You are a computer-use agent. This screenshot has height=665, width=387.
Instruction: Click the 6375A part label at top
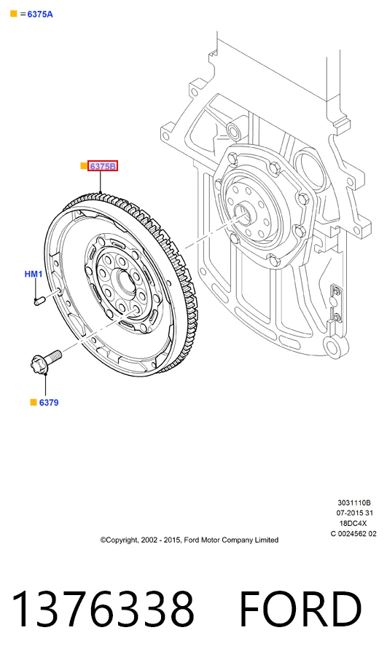40,14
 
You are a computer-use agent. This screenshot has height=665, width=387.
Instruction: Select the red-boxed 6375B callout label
102,166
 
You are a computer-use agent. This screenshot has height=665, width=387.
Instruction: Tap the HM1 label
34,274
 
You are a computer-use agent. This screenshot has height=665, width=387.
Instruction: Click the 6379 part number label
49,403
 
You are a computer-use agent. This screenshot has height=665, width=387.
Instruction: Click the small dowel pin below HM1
39,301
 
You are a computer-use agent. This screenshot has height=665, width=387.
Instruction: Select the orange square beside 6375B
84,166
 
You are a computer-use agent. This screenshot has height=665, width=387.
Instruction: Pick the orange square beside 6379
34,402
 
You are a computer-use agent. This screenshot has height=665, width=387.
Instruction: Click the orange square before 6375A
14,14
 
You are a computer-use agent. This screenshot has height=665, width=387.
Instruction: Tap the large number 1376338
103,609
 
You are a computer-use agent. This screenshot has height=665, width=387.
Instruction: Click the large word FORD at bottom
300,609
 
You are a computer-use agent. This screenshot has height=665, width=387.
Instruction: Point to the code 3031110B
354,503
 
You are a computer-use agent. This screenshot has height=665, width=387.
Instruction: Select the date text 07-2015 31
355,513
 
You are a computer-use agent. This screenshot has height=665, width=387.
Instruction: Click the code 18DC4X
353,524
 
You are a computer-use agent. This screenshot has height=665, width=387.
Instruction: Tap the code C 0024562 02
353,533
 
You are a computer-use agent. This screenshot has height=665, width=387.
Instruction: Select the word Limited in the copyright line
267,540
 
